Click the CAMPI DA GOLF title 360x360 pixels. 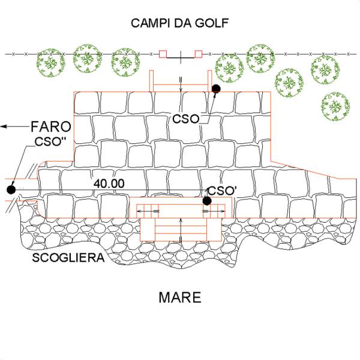[180, 23]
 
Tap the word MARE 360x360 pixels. [180, 298]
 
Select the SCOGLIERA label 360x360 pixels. [68, 257]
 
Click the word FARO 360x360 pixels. [51, 127]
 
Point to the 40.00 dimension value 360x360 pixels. [109, 184]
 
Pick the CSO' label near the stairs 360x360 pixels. [222, 191]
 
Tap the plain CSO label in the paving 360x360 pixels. [186, 119]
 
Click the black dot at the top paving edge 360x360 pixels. [216, 89]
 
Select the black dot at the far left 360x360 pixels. [11, 190]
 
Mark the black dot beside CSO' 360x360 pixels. [207, 201]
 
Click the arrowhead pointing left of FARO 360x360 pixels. [4, 126]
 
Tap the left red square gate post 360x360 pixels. [163, 54]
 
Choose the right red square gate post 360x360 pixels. [199, 54]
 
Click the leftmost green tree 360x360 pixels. [51, 62]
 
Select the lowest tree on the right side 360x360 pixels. [335, 107]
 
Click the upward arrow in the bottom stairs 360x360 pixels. [181, 230]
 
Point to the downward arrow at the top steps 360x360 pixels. [181, 84]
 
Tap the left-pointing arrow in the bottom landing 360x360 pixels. [148, 211]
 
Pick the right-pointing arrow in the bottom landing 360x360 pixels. [214, 211]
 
